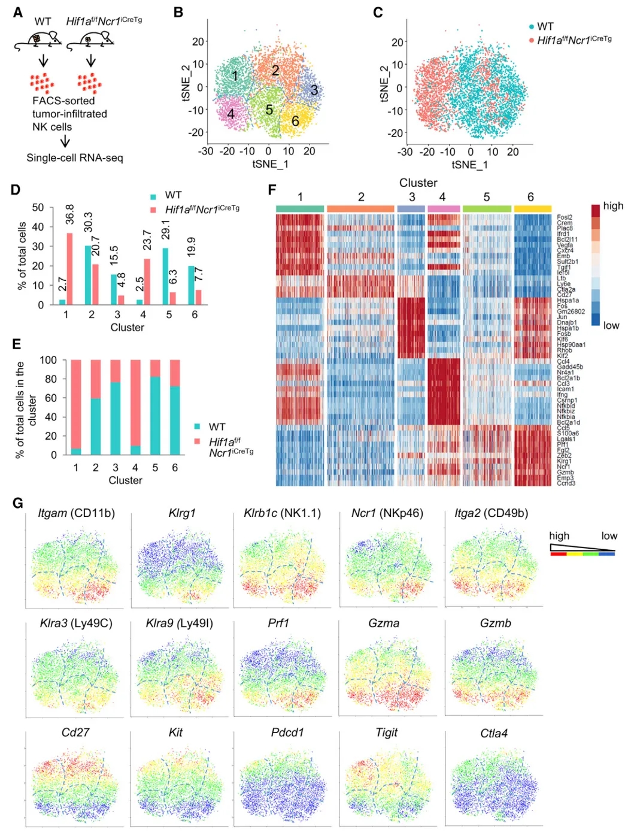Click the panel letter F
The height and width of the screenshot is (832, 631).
(272, 190)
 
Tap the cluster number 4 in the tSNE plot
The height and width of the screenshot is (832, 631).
(230, 113)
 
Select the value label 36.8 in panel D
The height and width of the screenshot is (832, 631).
(69, 214)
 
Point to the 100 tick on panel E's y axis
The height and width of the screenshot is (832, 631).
(48, 360)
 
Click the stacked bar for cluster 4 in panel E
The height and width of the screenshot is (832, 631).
(135, 407)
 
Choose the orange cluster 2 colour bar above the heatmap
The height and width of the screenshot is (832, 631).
(360, 208)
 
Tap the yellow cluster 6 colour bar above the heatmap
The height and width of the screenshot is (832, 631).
(532, 208)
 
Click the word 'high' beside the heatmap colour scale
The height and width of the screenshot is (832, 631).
(613, 206)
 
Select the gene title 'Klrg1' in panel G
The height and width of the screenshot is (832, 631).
(182, 513)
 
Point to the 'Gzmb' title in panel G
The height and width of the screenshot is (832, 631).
(495, 624)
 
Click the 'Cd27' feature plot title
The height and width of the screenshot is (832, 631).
(75, 733)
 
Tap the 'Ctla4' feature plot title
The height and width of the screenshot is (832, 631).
(494, 733)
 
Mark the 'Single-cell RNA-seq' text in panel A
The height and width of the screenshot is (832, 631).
(75, 158)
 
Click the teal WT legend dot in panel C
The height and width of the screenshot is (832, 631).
(532, 26)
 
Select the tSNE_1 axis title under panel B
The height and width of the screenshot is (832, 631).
(270, 164)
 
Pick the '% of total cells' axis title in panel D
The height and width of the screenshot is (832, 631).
(22, 256)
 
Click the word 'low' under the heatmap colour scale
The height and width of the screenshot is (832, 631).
(611, 326)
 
